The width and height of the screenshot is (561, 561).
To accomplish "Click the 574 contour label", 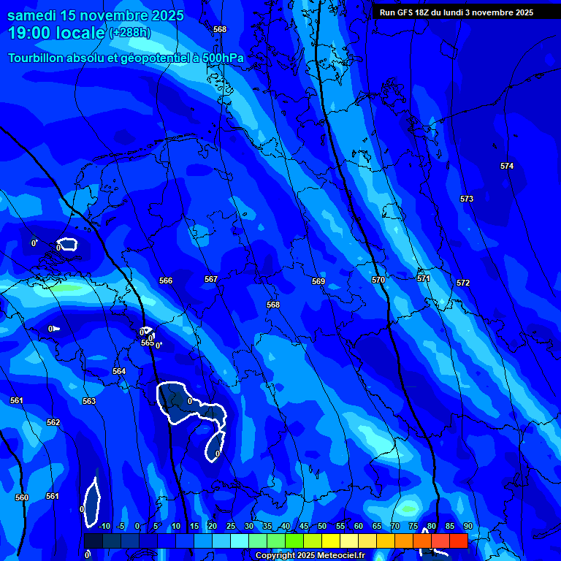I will [507, 167].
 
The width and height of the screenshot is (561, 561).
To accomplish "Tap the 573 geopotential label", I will [467, 199].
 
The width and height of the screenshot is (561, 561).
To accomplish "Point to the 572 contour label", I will [463, 283].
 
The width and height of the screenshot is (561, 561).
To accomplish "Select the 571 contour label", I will [424, 279].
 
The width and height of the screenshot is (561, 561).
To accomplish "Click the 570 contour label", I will [378, 280].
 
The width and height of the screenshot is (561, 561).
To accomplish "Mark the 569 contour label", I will [318, 282].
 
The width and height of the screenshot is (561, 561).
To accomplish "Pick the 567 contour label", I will [211, 280].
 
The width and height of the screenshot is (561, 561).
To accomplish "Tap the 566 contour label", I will [166, 281].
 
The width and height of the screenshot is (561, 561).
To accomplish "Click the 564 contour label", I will [119, 372].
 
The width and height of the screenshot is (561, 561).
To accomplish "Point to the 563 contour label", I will [89, 402].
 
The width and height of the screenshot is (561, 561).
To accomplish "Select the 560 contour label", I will [22, 498].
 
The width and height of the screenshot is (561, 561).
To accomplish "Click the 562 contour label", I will [53, 423].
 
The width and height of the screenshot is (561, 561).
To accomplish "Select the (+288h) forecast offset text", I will [130, 33].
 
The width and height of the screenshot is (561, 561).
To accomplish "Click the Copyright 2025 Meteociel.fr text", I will [310, 556].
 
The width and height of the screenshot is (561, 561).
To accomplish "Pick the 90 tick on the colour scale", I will [467, 527].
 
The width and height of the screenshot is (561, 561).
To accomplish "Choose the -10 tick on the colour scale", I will [104, 527].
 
